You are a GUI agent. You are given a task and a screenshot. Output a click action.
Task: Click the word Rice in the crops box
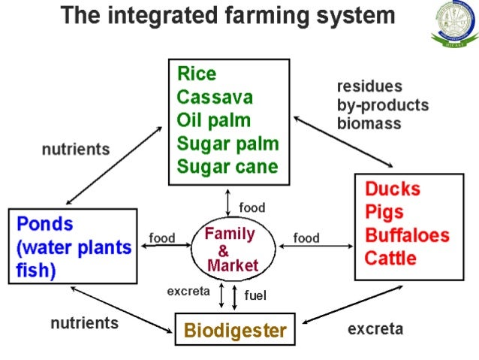(x=197, y=74)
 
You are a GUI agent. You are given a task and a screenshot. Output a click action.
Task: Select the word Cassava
(x=215, y=98)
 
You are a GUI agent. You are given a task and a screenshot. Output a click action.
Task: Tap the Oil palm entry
(x=214, y=121)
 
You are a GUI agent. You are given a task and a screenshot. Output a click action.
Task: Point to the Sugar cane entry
(x=227, y=167)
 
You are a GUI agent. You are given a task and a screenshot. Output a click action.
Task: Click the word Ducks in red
(x=392, y=189)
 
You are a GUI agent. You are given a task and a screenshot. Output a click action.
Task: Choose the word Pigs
(x=385, y=212)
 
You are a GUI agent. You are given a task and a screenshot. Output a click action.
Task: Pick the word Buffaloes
(x=407, y=235)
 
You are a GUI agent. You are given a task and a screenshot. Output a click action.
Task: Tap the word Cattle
(x=391, y=259)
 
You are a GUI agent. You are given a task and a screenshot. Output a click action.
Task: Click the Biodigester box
(x=235, y=330)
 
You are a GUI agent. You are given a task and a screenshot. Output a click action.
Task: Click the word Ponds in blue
(x=45, y=224)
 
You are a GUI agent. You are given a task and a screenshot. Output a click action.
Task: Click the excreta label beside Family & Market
(x=188, y=292)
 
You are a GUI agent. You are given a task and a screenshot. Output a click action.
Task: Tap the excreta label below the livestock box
(x=375, y=328)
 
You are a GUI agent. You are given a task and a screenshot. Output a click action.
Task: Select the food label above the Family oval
(x=252, y=207)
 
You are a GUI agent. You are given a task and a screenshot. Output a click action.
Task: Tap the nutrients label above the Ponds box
(x=75, y=150)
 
